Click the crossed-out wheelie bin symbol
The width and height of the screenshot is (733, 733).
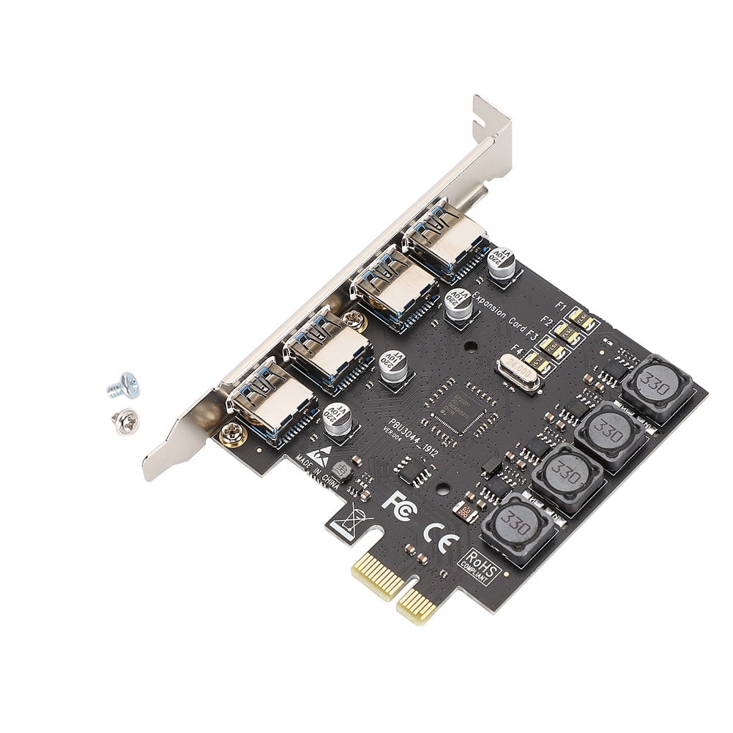pos(345,519)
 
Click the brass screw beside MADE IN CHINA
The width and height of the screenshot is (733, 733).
pos(232,434)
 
